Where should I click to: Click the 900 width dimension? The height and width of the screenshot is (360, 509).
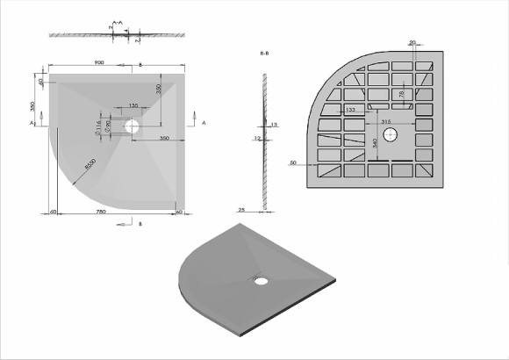[x=99, y=62]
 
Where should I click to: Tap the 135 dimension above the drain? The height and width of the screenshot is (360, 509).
[x=133, y=105]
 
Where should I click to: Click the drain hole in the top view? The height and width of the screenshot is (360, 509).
[x=132, y=126]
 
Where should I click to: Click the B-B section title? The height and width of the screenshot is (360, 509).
[x=264, y=54]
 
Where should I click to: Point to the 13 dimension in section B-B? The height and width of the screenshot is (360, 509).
[x=275, y=126]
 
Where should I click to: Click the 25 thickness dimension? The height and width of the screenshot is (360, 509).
[x=241, y=210]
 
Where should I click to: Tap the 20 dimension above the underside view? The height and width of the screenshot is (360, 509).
[x=412, y=41]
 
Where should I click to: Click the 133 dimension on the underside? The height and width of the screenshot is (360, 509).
[x=350, y=109]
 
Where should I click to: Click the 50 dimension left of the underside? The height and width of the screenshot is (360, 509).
[x=291, y=162]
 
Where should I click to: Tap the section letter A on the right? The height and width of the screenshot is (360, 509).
[x=204, y=126]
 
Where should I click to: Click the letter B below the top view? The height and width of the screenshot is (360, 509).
[x=140, y=224]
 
